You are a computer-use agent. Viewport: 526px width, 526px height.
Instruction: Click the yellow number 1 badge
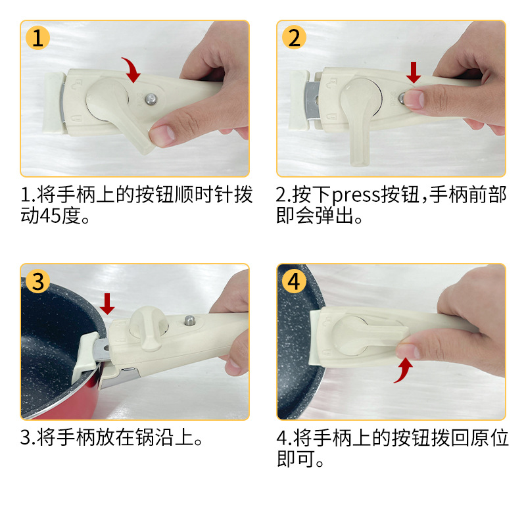[37, 37]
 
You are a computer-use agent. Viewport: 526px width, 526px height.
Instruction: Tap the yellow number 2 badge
[294, 37]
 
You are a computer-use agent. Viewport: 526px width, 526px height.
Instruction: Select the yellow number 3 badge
[37, 281]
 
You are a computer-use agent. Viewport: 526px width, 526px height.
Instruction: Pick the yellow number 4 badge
[294, 281]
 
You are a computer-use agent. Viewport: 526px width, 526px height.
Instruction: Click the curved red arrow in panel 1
[133, 69]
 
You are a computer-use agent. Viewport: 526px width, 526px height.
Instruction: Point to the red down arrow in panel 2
[414, 72]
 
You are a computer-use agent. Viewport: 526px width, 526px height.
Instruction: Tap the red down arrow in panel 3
[107, 304]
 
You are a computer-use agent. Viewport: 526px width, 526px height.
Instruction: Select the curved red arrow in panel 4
[404, 370]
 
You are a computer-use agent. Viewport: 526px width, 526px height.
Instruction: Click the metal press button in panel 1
[151, 99]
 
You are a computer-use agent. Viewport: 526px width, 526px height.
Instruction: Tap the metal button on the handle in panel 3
[190, 320]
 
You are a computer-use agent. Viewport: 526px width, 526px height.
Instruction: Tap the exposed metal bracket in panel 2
[312, 100]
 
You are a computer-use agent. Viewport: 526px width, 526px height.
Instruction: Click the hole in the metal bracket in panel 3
[106, 348]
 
